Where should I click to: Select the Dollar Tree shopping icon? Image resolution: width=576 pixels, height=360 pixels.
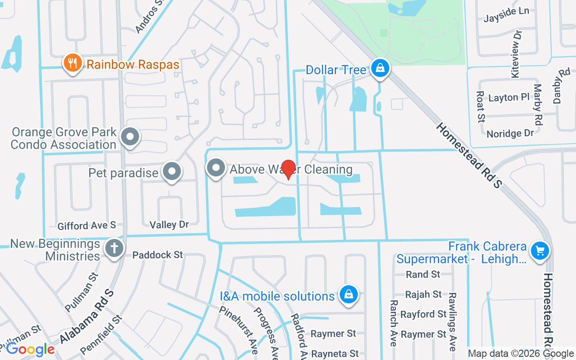tap(380, 69)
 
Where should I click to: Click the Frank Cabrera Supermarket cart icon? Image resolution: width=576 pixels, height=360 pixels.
tap(540, 251)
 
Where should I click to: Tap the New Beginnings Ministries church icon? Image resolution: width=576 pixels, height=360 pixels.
tap(114, 248)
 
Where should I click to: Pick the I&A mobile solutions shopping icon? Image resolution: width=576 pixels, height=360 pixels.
tap(348, 295)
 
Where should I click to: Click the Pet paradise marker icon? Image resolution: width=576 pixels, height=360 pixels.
tap(171, 171)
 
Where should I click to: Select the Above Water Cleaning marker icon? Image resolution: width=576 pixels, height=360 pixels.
tap(216, 168)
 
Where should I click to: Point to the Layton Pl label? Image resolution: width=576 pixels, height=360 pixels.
tap(509, 98)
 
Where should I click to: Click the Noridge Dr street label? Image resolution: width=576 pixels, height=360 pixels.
tap(510, 134)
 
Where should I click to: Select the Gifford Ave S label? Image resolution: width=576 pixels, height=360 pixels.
tap(87, 225)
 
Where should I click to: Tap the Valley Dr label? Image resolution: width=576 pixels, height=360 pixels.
tap(169, 224)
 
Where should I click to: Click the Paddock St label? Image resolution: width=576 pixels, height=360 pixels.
tap(157, 255)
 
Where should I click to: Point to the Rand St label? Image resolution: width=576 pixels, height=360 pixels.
tap(423, 274)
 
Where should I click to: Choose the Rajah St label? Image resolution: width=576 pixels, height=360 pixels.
tap(423, 294)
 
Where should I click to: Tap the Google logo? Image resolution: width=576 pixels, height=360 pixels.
tap(30, 349)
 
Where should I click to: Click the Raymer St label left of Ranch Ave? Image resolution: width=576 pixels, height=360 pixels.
tap(333, 333)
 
